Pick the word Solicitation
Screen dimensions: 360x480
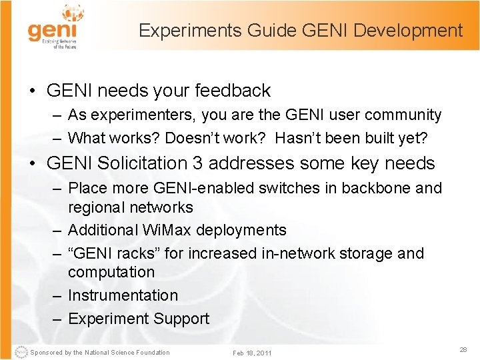(x=141, y=163)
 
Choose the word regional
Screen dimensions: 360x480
(x=97, y=207)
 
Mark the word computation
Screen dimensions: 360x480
(x=111, y=272)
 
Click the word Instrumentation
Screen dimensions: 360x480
(x=123, y=295)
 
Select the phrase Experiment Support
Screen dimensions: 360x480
(x=139, y=319)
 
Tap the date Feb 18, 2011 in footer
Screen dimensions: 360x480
(x=252, y=353)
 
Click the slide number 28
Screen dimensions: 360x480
(x=463, y=350)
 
